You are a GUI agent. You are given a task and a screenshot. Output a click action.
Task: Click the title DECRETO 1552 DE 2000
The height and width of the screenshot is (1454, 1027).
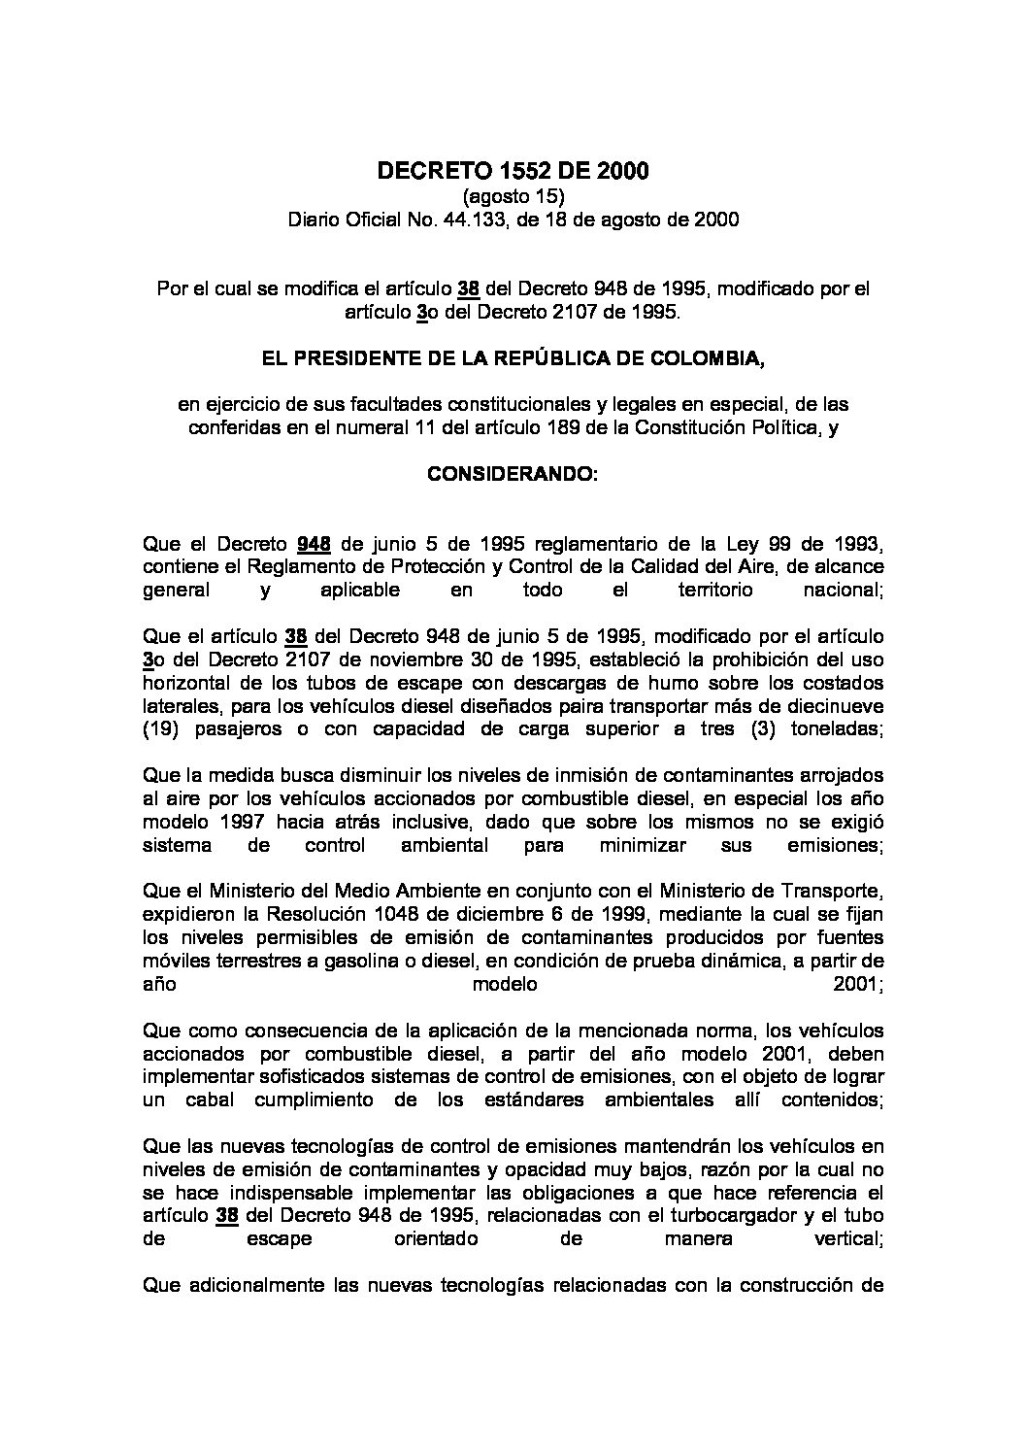[513, 172]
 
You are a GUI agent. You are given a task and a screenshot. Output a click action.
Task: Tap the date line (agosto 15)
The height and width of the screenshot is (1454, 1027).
[513, 197]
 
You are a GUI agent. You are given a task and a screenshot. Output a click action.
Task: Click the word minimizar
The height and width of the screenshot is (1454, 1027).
[634, 845]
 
